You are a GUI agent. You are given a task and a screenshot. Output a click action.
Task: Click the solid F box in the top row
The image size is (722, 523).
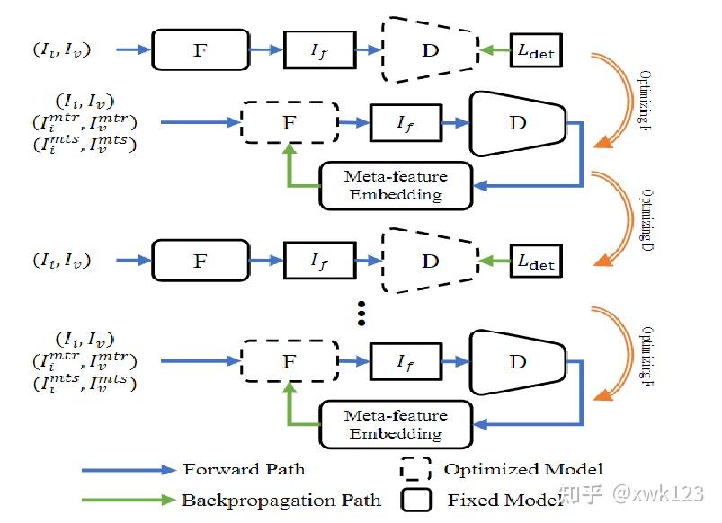click(x=199, y=49)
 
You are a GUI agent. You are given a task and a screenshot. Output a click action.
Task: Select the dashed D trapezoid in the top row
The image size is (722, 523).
click(x=430, y=49)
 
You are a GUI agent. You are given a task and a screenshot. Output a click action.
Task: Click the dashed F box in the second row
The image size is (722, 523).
click(x=289, y=122)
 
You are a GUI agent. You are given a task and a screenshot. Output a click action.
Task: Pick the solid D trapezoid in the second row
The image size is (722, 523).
click(x=517, y=122)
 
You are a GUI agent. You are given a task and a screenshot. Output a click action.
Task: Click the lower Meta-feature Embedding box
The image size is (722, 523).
click(x=396, y=424)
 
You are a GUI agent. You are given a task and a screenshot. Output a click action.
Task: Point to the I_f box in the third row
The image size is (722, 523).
click(x=319, y=261)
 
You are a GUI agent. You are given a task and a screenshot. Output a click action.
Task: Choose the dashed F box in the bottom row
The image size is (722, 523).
click(x=289, y=361)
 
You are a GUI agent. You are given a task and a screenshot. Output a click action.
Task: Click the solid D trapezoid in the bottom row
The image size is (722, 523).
click(x=517, y=361)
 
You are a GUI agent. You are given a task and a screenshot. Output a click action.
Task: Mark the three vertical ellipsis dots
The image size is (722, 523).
click(x=361, y=313)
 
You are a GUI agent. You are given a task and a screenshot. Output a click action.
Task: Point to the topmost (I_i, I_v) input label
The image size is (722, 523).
click(x=63, y=50)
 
